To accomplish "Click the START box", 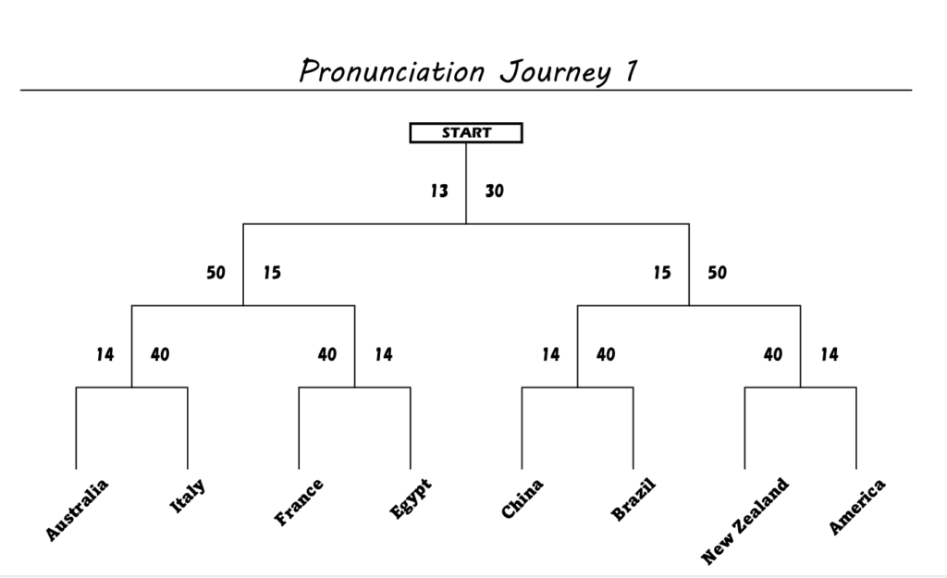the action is (466, 133).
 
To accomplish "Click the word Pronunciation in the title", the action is (392, 71).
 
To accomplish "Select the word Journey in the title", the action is (556, 72).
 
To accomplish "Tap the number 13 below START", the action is (439, 191).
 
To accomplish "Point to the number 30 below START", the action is (494, 191).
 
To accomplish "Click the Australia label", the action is (77, 510).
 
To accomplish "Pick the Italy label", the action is (187, 496).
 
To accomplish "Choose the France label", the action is (299, 502).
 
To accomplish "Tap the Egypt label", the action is (411, 498).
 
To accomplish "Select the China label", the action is (523, 498).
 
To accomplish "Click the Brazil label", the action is (633, 499).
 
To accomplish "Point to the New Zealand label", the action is (744, 522).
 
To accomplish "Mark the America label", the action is (856, 506).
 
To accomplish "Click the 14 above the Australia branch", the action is (105, 354).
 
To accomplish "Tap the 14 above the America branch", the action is (830, 354).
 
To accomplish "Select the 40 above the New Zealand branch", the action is (773, 354).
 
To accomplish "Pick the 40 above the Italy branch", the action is (160, 354).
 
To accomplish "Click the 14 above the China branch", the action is (551, 354).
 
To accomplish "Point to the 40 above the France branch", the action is (327, 354).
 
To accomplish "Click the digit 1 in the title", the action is (631, 70).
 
